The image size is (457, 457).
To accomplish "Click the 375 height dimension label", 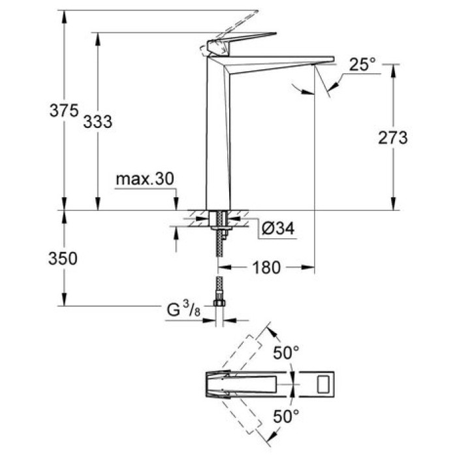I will [x=63, y=111].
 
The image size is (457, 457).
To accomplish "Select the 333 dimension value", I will [x=98, y=121].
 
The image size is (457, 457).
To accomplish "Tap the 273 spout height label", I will [x=392, y=138].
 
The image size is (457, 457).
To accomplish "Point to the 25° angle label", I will [x=362, y=65].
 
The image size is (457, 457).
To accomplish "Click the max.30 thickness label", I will [x=145, y=179].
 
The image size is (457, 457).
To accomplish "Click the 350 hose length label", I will [x=63, y=259].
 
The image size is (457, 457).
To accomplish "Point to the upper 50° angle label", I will [x=286, y=353].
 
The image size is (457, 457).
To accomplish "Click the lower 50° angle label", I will [x=286, y=415].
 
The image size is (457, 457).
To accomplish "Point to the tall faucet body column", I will [x=219, y=131].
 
